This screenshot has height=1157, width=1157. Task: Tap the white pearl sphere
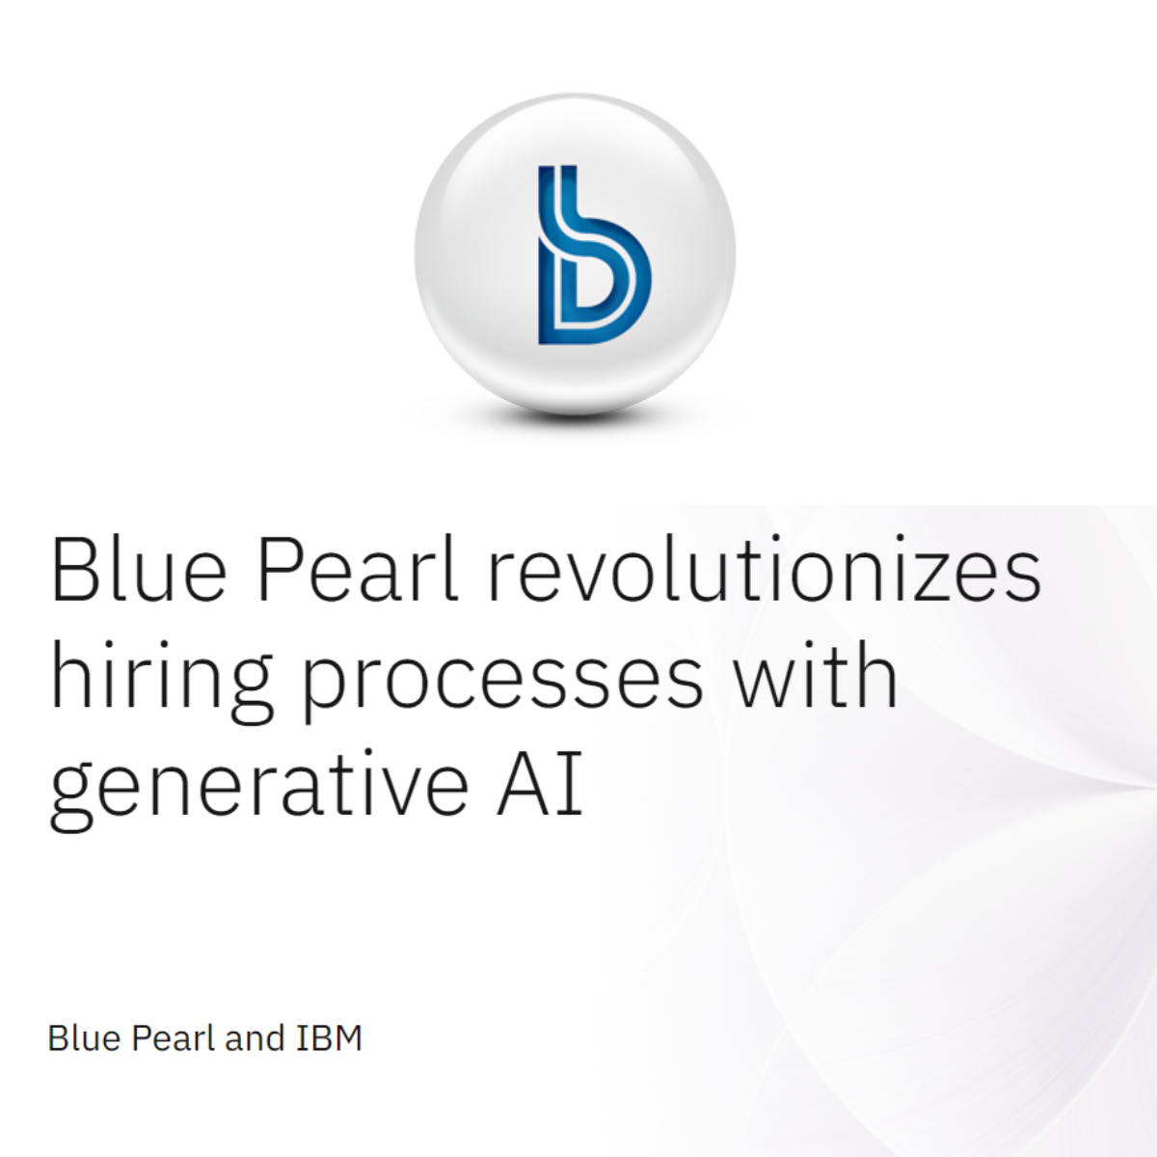pyautogui.click(x=575, y=254)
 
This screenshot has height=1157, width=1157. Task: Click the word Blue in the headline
pyautogui.click(x=139, y=568)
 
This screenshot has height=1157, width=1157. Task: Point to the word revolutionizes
pyautogui.click(x=766, y=568)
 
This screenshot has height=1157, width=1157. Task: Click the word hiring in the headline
pyautogui.click(x=162, y=682)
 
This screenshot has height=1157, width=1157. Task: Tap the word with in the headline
pyautogui.click(x=817, y=674)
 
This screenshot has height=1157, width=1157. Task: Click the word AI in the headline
pyautogui.click(x=540, y=782)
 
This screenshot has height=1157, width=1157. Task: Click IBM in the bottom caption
pyautogui.click(x=330, y=1038)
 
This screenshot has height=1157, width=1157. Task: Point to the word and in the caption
pyautogui.click(x=254, y=1038)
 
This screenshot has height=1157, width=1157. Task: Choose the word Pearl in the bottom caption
pyautogui.click(x=173, y=1038)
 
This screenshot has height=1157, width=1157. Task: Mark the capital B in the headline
pyautogui.click(x=75, y=568)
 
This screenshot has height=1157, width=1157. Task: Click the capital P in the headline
pyautogui.click(x=281, y=568)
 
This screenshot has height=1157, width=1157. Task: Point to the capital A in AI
pyautogui.click(x=525, y=782)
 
